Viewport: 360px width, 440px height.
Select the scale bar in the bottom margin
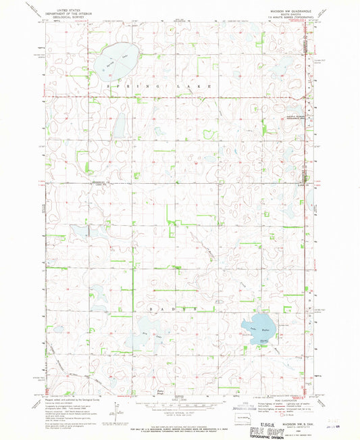(x=177, y=405)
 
